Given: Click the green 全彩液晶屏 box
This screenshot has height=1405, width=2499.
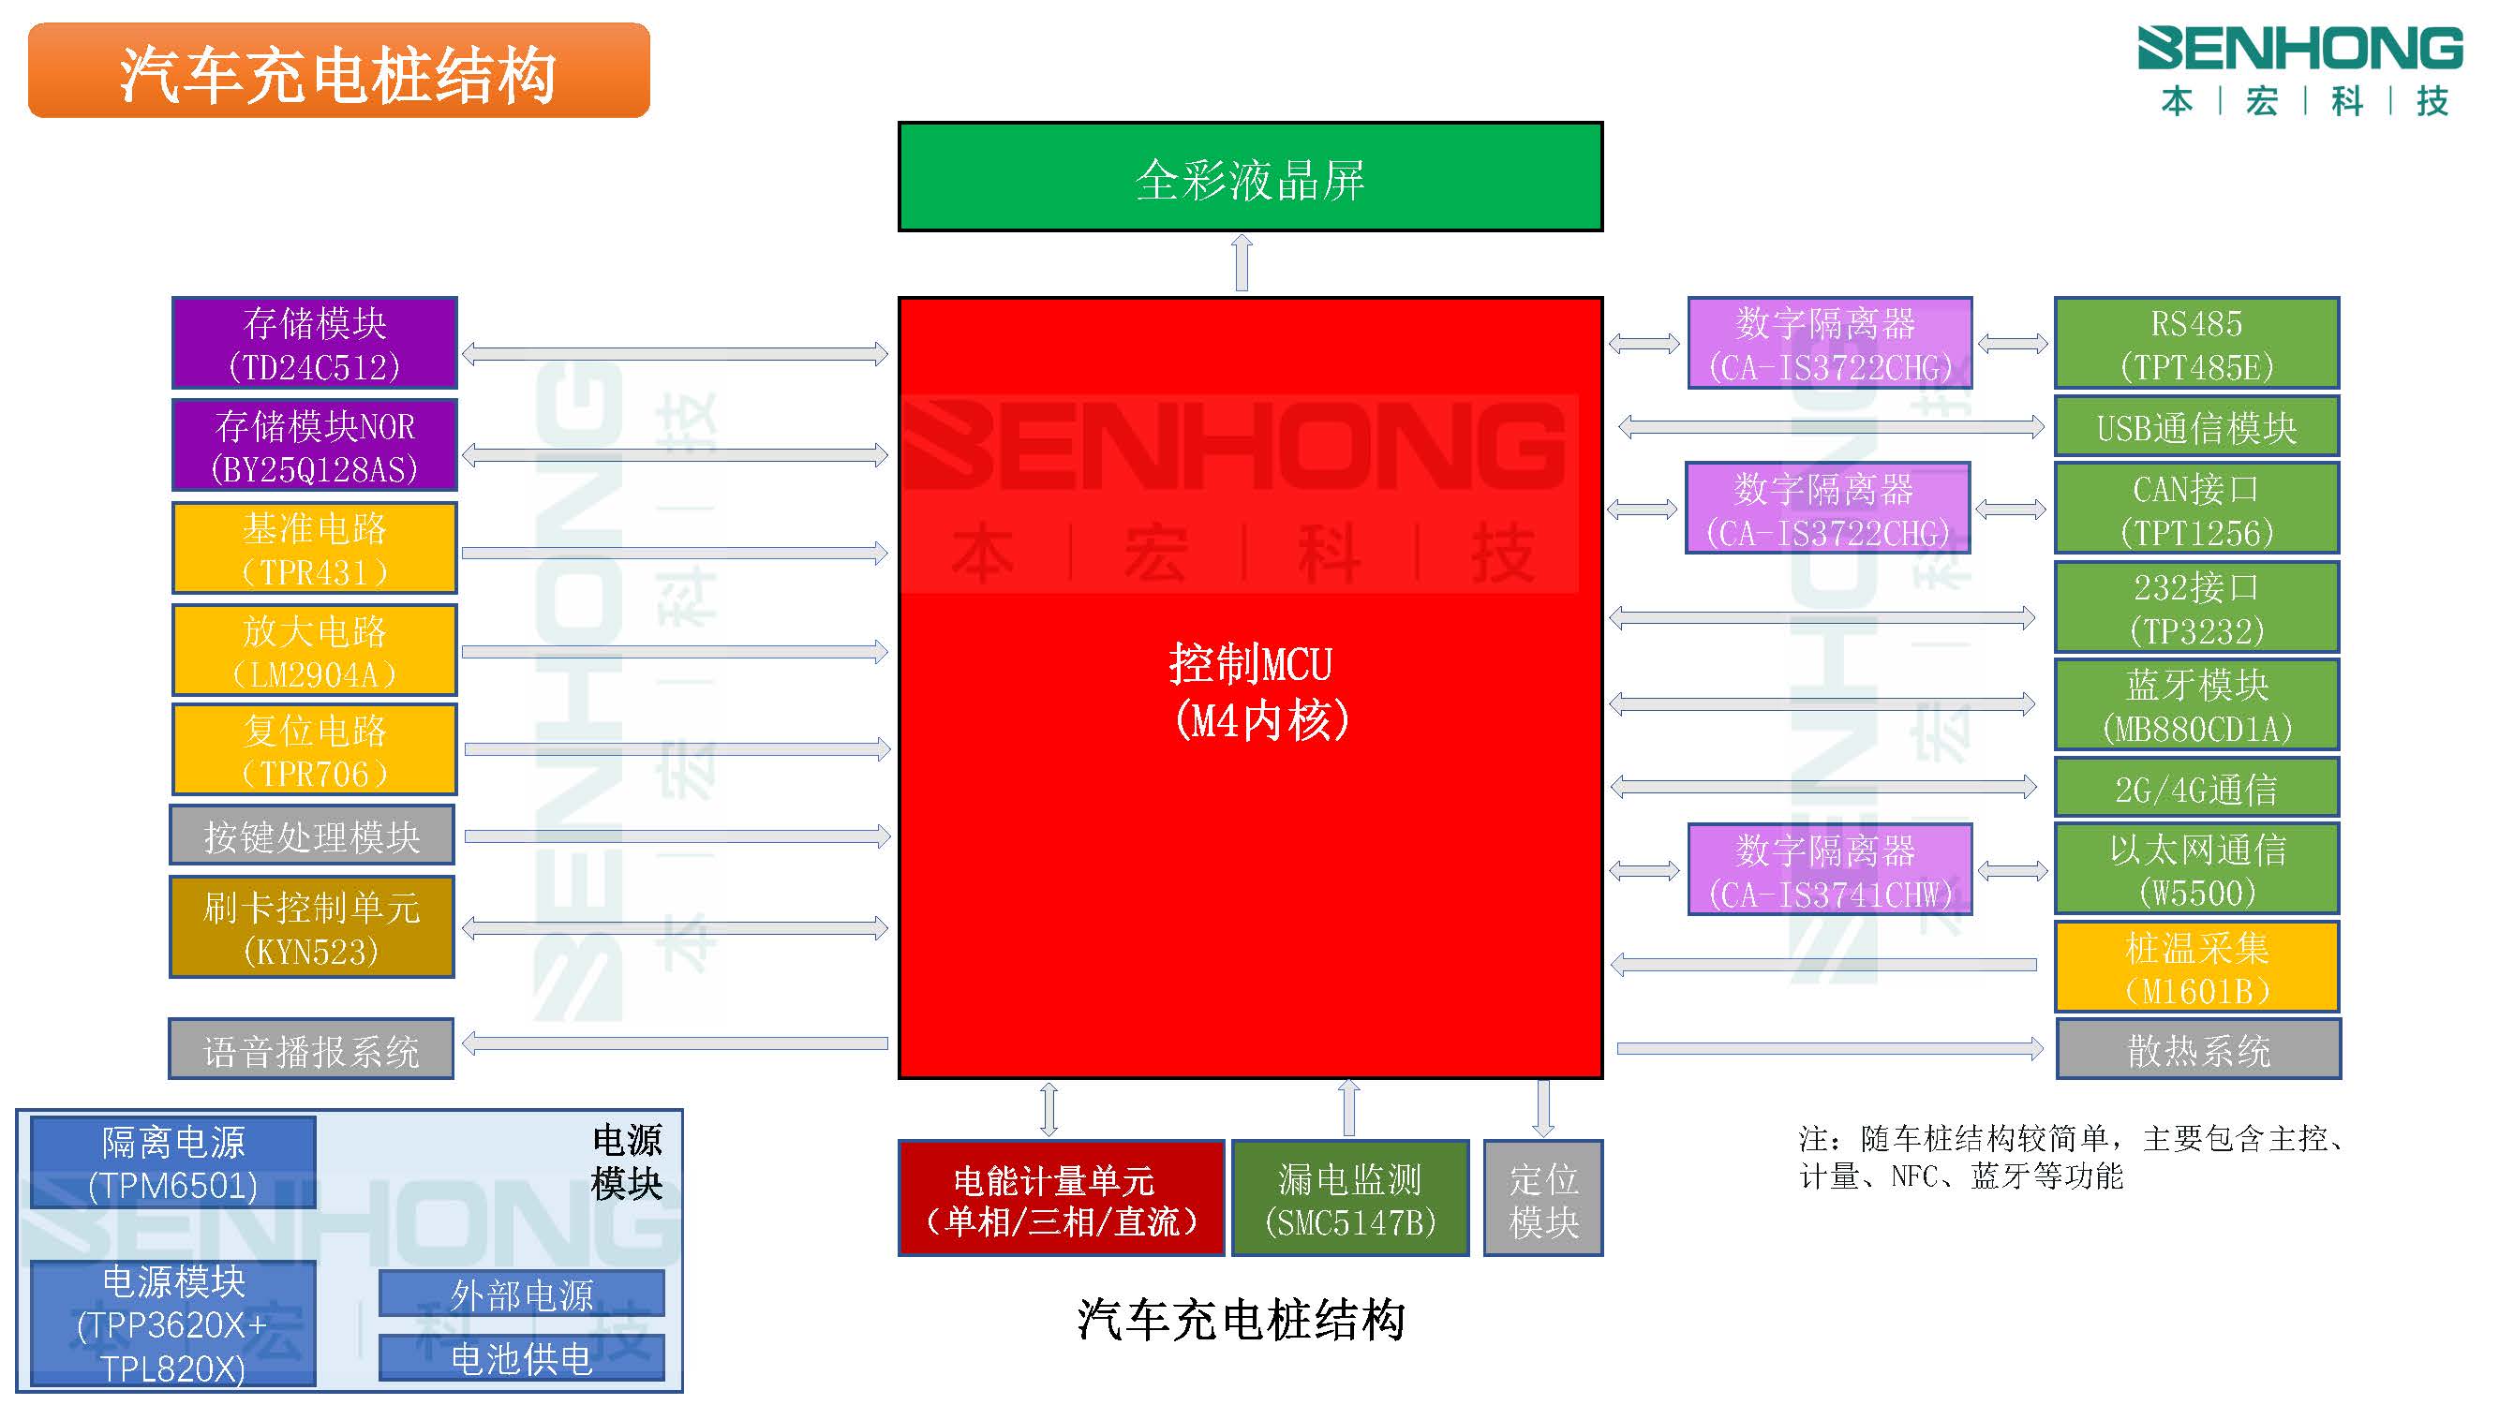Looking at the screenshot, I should coord(1250,176).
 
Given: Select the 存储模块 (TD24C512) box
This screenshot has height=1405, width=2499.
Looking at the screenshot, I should coord(314,343).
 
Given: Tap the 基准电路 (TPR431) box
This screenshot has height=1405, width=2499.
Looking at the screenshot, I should coord(314,548).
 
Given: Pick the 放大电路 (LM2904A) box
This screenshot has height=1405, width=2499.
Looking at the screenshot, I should coord(314,651).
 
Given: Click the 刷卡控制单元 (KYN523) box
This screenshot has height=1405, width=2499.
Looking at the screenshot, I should coord(311,927).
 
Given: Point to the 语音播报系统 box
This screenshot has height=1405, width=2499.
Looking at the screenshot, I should coord(311,1049).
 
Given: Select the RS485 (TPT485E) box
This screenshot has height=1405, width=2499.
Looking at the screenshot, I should coord(2196,343).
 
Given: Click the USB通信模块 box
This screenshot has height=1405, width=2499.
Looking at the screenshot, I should coord(2196,426).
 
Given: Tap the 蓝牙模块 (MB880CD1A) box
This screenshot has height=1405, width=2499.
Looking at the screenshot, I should coord(2196,705).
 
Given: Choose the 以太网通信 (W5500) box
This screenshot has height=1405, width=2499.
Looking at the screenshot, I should coord(2196,869).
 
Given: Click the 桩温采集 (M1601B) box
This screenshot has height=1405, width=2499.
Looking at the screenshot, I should coord(2196,967).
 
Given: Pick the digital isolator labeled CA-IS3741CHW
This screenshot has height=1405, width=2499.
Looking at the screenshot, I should coord(1830,870).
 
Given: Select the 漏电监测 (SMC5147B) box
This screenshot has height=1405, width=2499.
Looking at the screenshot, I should coord(1349,1199).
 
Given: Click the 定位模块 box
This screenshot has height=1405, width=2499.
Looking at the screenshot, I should coord(1543,1199).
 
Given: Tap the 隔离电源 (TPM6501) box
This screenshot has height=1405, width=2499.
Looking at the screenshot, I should coord(173,1162).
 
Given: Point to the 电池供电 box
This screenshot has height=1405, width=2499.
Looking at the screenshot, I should coord(522,1357).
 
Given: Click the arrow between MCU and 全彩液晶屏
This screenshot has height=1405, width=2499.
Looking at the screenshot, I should coord(1242,263).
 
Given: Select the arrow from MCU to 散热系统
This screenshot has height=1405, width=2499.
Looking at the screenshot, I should coord(1830,1048).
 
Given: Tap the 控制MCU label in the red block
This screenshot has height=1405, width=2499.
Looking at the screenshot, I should coord(1252,665).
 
